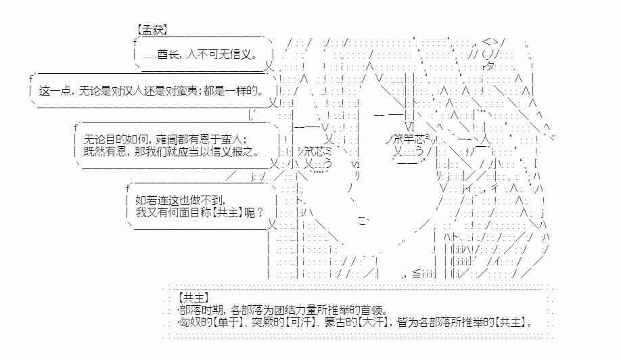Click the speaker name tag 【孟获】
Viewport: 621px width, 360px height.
pyautogui.click(x=152, y=30)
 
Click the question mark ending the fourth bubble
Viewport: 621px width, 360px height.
pyautogui.click(x=260, y=212)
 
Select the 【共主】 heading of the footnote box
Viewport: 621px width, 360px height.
pyautogui.click(x=193, y=298)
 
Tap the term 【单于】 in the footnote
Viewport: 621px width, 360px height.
pyautogui.click(x=228, y=322)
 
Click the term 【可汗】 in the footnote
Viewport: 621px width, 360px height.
pyautogui.click(x=300, y=322)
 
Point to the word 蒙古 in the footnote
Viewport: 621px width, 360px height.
pyautogui.click(x=336, y=322)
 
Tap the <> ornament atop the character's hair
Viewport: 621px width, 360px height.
pyautogui.click(x=490, y=41)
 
